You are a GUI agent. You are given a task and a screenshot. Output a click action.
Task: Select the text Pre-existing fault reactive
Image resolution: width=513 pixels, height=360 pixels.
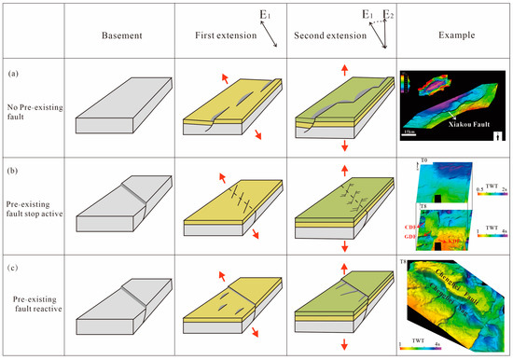tap(34, 300)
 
